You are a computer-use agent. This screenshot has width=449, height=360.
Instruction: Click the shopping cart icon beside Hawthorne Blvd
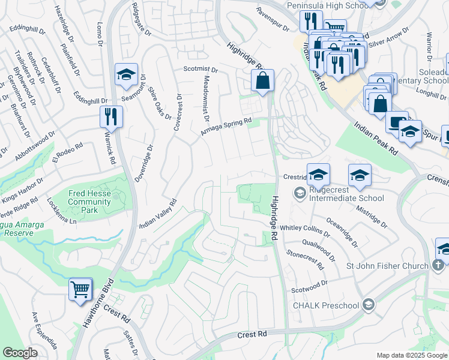click(x=80, y=290)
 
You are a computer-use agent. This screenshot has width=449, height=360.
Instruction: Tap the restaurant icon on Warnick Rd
click(x=111, y=115)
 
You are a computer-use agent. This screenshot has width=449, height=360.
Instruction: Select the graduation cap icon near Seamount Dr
click(x=127, y=74)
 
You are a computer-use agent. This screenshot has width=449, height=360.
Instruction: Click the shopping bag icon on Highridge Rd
click(x=263, y=80)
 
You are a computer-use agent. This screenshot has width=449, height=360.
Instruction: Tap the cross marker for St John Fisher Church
click(x=439, y=265)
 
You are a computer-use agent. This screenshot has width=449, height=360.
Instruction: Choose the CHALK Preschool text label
click(x=325, y=305)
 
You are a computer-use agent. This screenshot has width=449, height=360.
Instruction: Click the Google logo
click(x=20, y=353)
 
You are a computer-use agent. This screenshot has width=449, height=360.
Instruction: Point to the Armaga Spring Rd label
click(x=226, y=127)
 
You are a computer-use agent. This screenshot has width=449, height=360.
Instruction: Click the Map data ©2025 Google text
click(x=411, y=355)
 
